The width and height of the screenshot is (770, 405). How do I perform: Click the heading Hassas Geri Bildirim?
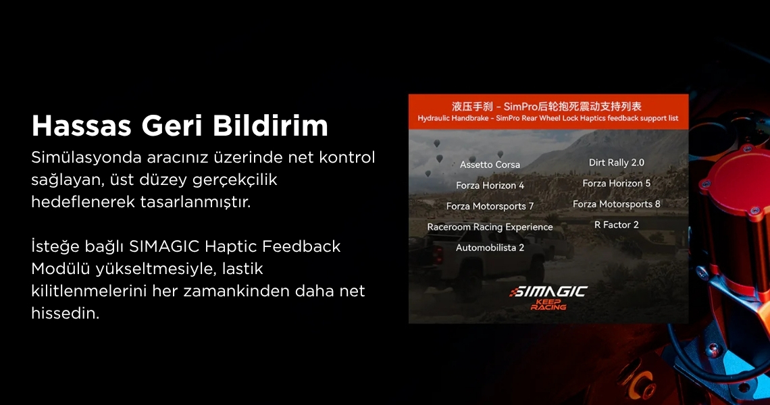(180, 126)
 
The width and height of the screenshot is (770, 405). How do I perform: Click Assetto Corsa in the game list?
(490, 165)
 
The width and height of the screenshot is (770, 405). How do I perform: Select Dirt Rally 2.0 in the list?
(616, 163)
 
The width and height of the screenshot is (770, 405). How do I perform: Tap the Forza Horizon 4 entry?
(490, 186)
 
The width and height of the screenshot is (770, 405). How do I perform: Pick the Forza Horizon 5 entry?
(616, 184)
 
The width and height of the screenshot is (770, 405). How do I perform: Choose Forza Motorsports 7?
(490, 207)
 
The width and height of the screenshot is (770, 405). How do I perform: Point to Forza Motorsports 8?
(616, 205)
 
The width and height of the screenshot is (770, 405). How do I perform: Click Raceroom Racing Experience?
(490, 227)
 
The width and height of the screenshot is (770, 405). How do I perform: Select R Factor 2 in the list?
(616, 225)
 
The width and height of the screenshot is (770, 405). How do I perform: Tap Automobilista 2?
(490, 248)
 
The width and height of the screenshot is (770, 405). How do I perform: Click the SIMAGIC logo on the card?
(548, 292)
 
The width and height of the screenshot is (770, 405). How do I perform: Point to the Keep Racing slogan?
(548, 305)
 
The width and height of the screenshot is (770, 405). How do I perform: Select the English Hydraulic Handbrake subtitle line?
(548, 118)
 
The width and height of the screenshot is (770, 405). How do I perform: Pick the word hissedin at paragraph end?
(66, 313)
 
